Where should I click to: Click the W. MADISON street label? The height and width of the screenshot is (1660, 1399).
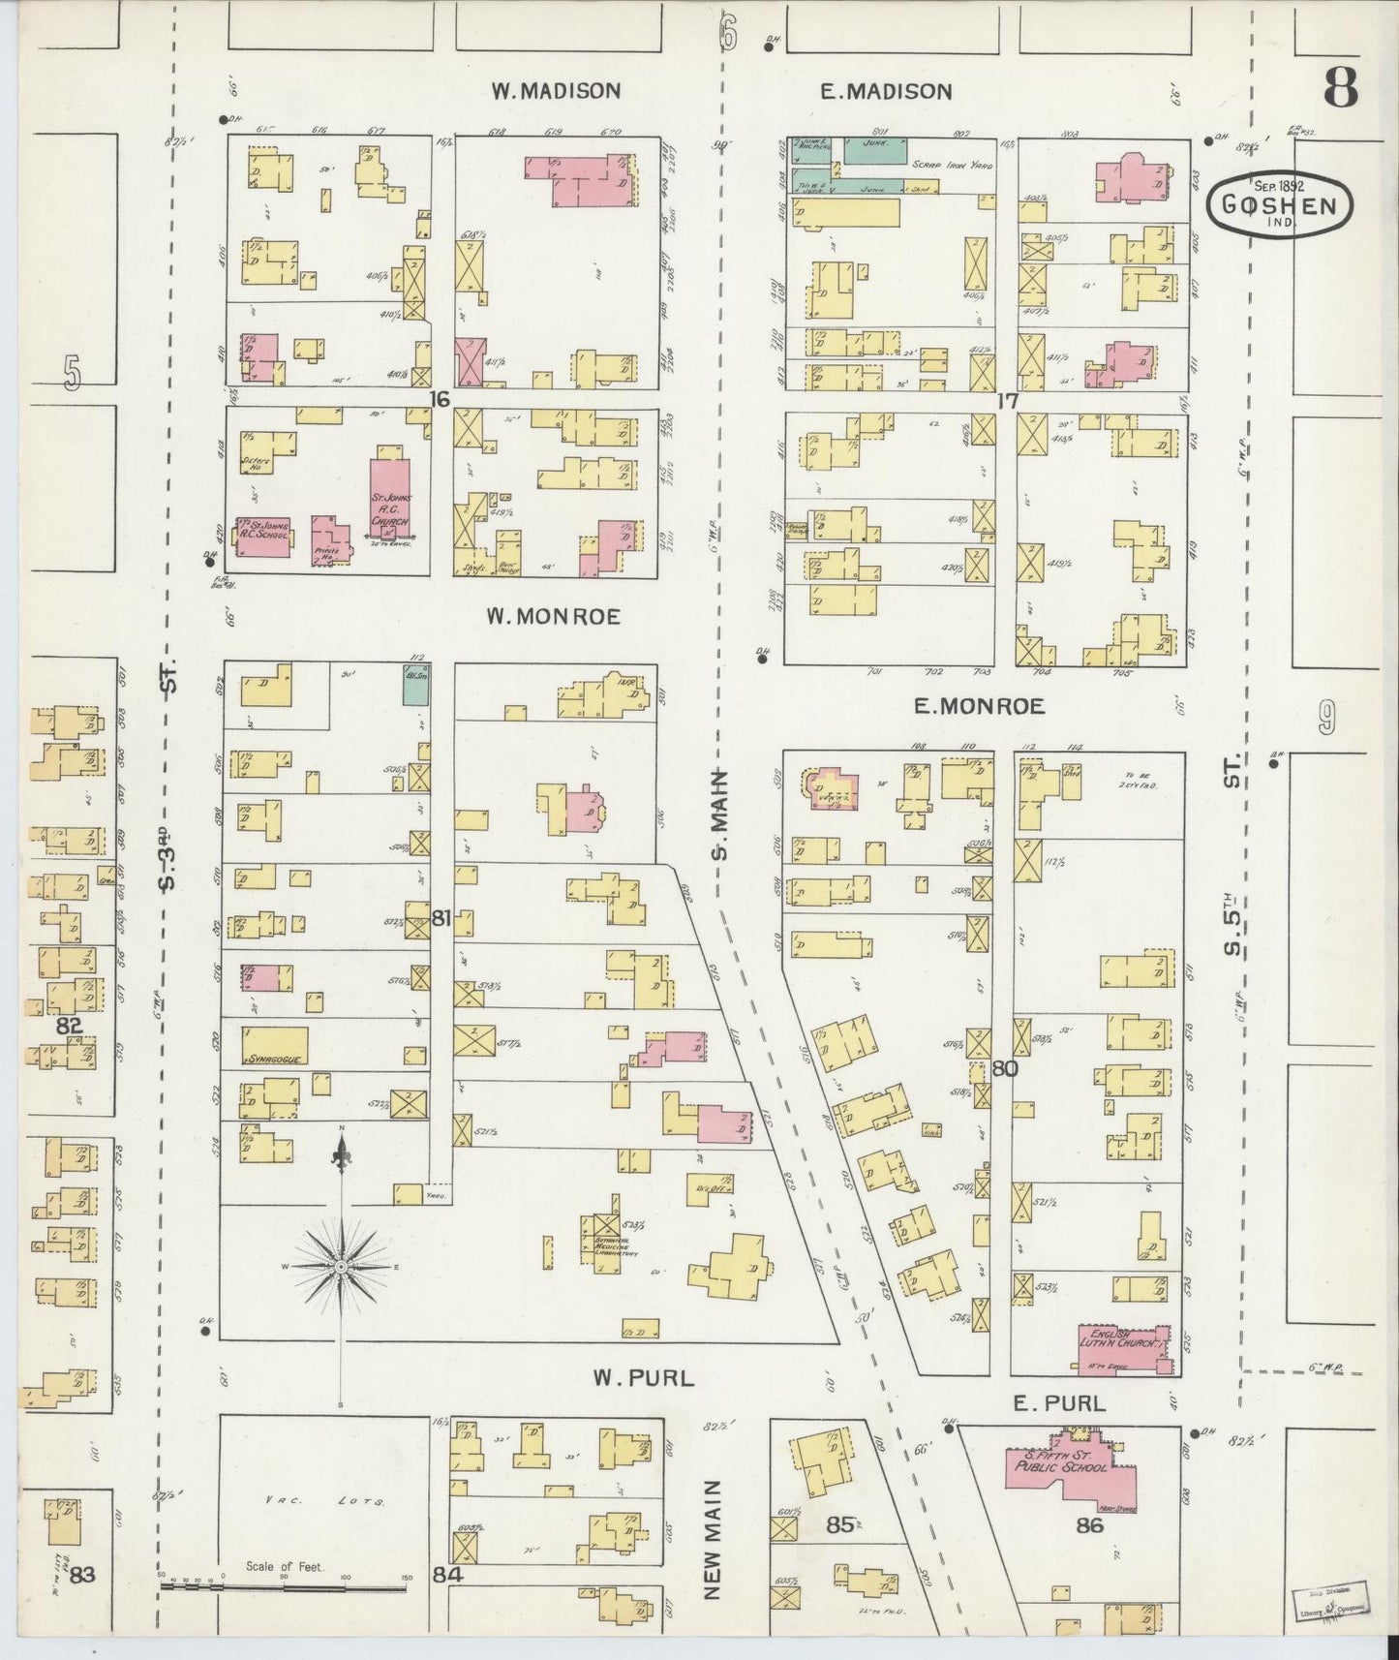pyautogui.click(x=555, y=91)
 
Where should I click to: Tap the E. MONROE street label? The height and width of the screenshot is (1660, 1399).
pyautogui.click(x=979, y=706)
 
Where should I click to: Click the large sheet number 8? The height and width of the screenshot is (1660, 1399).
pyautogui.click(x=1340, y=88)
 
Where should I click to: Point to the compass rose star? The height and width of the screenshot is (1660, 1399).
pyautogui.click(x=341, y=1266)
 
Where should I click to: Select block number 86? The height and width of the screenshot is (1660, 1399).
pyautogui.click(x=1090, y=1527)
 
